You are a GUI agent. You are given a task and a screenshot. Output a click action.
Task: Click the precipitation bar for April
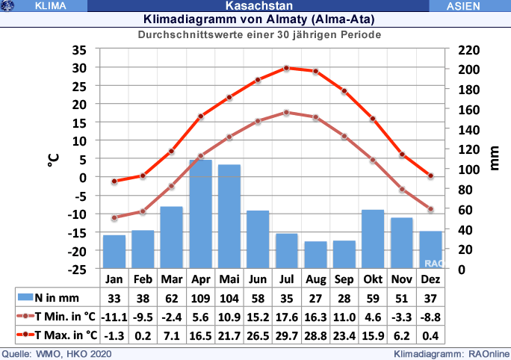(200, 214)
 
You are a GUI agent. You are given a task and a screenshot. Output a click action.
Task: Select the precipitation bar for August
(315, 255)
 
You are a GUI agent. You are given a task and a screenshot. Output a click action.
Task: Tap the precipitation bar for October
(373, 239)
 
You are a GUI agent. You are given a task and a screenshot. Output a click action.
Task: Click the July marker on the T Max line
(286, 68)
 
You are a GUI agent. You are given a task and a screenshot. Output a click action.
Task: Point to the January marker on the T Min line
(114, 218)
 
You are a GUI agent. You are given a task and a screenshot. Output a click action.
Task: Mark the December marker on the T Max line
(430, 176)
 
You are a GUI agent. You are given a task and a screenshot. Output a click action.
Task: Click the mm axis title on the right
(495, 159)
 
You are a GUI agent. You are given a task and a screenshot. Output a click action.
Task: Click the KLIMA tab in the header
(51, 6)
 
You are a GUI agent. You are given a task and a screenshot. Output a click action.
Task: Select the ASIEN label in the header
(468, 6)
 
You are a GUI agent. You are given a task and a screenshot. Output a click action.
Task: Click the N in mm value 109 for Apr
(200, 297)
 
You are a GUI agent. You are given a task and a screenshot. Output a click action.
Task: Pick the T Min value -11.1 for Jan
(114, 315)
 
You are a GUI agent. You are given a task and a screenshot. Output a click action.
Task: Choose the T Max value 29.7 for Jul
(286, 334)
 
